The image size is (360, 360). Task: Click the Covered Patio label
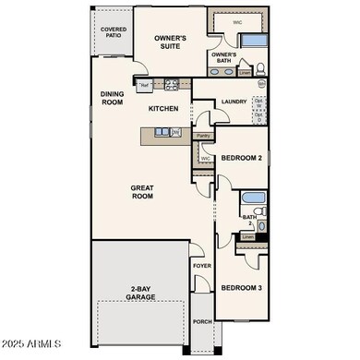(x=114, y=32)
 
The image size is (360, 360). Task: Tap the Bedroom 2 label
(x=243, y=160)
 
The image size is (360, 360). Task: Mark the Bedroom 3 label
(x=242, y=288)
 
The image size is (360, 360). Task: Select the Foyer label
(x=202, y=266)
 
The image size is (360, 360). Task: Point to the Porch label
(x=202, y=323)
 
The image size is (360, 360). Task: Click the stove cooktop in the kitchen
(x=171, y=86)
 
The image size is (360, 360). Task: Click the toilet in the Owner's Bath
(x=259, y=67)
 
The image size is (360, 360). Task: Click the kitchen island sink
(x=160, y=131)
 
